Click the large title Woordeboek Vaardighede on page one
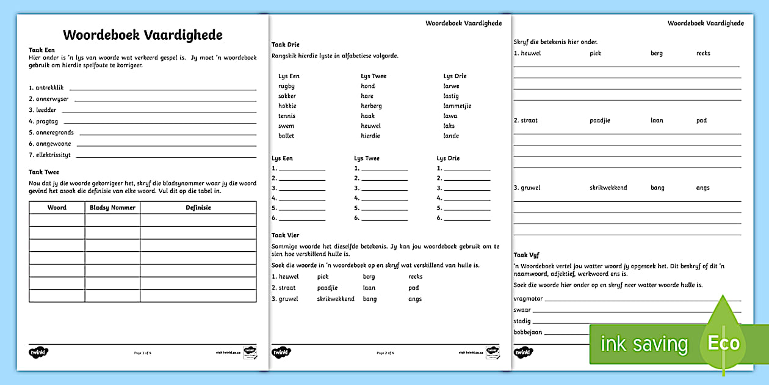[x=143, y=35]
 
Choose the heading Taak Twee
[x=44, y=172]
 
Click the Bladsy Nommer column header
[x=112, y=208]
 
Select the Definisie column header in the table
[x=198, y=208]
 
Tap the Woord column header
[x=57, y=208]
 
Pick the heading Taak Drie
[x=285, y=45]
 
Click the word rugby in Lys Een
[x=286, y=86]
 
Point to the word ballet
[x=286, y=136]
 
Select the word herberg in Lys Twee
[x=371, y=106]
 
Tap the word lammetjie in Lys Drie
[x=457, y=106]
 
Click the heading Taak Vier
[x=285, y=235]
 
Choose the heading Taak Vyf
[x=526, y=255]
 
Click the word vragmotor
[x=528, y=299]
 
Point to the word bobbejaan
[x=528, y=332]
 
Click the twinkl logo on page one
[x=38, y=352]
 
